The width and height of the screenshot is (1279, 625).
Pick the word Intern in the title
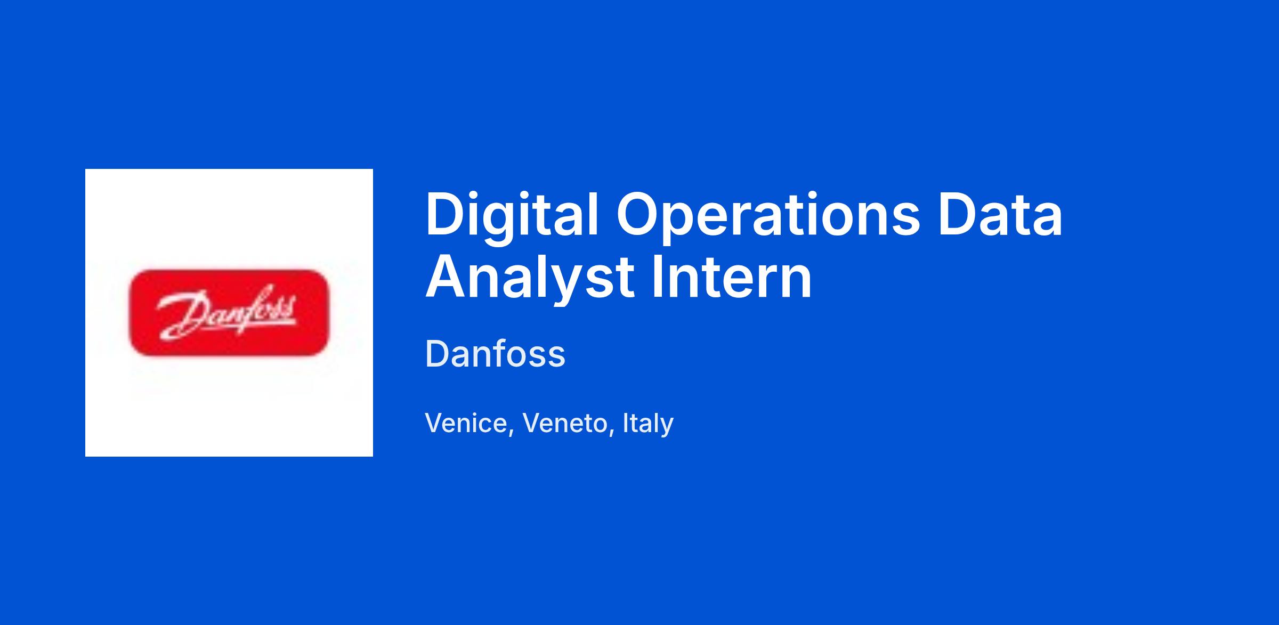(732, 277)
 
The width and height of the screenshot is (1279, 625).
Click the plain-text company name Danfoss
(495, 354)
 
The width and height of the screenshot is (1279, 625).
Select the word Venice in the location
(466, 423)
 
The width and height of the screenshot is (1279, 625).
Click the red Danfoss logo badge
(229, 313)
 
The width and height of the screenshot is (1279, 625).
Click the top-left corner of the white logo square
(85, 169)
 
